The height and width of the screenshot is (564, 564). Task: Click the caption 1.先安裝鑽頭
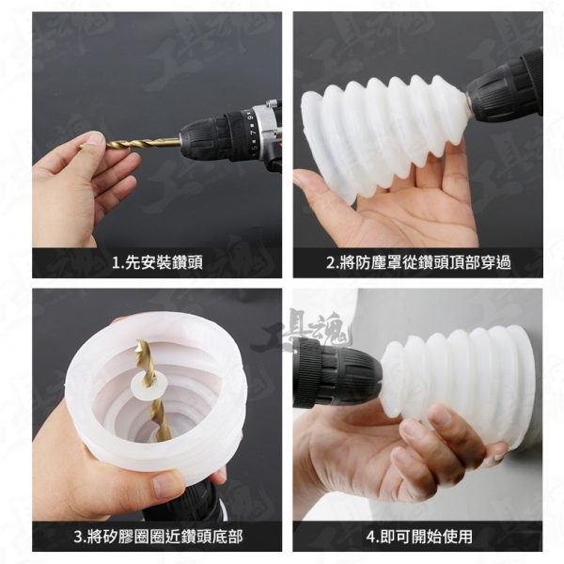click(157, 262)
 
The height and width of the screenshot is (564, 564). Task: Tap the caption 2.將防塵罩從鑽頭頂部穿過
click(418, 262)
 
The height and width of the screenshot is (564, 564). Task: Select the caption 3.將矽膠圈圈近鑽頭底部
click(158, 537)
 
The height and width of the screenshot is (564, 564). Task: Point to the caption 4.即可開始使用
click(419, 537)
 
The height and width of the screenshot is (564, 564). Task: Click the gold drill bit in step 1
click(130, 143)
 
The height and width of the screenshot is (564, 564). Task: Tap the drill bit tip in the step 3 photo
click(138, 342)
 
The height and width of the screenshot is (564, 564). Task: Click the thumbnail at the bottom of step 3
click(165, 484)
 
